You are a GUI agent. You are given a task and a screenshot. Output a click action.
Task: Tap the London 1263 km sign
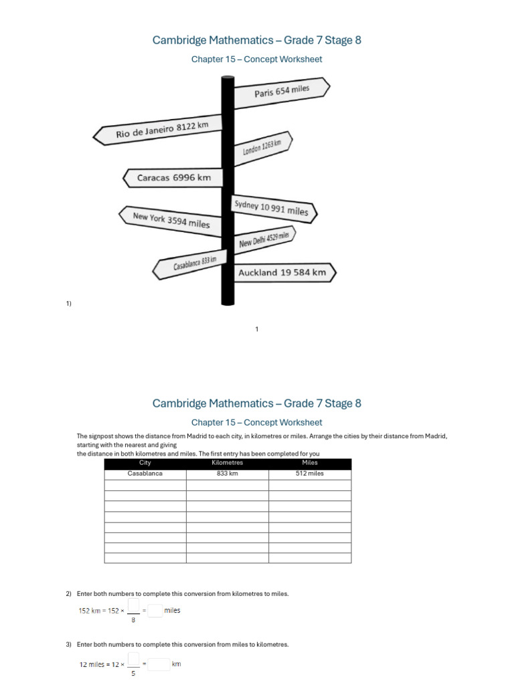[262, 148]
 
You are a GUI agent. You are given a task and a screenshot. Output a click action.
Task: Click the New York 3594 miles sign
[171, 220]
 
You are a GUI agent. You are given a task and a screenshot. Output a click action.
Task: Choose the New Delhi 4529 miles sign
[264, 239]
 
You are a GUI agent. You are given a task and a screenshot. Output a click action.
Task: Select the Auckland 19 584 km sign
[282, 273]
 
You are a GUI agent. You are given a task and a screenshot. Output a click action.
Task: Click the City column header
[145, 463]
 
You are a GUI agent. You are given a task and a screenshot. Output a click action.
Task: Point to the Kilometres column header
[228, 463]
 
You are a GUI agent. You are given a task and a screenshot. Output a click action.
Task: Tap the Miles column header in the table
[310, 463]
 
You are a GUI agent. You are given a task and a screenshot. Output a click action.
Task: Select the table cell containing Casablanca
[145, 474]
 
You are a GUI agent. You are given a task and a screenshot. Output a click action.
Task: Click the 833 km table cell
[228, 474]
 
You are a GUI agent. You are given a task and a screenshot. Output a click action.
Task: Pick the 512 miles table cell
[310, 474]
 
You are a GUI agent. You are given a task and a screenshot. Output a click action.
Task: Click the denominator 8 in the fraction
[133, 620]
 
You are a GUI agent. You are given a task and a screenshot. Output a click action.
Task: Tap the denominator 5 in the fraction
[133, 674]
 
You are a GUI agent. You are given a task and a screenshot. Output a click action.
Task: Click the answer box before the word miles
[155, 610]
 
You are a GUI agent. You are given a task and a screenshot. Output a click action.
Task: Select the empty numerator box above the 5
[133, 658]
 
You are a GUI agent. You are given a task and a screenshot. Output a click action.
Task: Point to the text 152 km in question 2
[89, 611]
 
